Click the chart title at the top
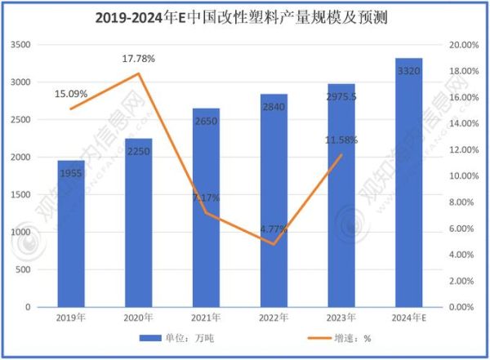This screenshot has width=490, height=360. tap(245, 16)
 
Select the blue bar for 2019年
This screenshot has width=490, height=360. tap(70, 237)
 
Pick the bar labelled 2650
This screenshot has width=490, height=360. tap(206, 212)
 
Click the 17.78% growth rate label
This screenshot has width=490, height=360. tap(139, 59)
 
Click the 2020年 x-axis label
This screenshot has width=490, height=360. tap(138, 317)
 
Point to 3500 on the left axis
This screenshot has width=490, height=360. tap(20, 45)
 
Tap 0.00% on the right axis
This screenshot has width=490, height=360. tap(464, 307)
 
